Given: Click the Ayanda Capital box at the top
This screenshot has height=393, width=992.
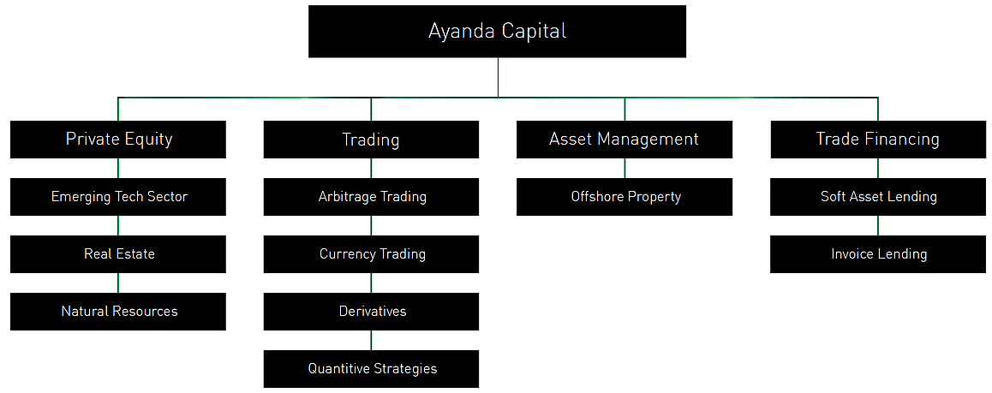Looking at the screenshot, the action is point(497,32).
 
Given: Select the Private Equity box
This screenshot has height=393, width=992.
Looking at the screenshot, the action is point(118,140).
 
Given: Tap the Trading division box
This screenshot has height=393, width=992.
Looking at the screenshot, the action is point(372,140).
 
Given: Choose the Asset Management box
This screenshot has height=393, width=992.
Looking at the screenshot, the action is point(624,140).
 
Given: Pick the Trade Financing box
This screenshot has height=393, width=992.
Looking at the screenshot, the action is point(878,140).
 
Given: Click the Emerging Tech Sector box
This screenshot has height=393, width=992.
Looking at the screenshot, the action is point(118,197).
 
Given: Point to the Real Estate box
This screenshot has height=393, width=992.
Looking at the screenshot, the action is point(118,254).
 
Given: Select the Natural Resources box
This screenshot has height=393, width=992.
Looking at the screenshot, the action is point(118,312).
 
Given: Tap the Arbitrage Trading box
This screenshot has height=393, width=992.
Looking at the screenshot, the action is point(372,197).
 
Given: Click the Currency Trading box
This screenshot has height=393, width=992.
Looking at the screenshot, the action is point(372,254).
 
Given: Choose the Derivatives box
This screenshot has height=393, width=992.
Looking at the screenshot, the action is point(372,312).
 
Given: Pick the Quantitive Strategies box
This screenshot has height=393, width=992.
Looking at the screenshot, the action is point(372,369).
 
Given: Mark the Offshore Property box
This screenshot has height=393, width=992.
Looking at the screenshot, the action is point(624,197).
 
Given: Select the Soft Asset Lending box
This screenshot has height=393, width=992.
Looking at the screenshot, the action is point(878,197).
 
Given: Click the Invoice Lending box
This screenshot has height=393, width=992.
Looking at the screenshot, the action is point(878,254).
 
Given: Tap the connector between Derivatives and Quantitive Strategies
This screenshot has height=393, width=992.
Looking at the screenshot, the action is point(372,340).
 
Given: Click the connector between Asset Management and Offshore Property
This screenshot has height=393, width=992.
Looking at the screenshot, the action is point(624,168).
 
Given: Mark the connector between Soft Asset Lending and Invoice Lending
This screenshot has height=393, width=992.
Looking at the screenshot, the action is point(878,225).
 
